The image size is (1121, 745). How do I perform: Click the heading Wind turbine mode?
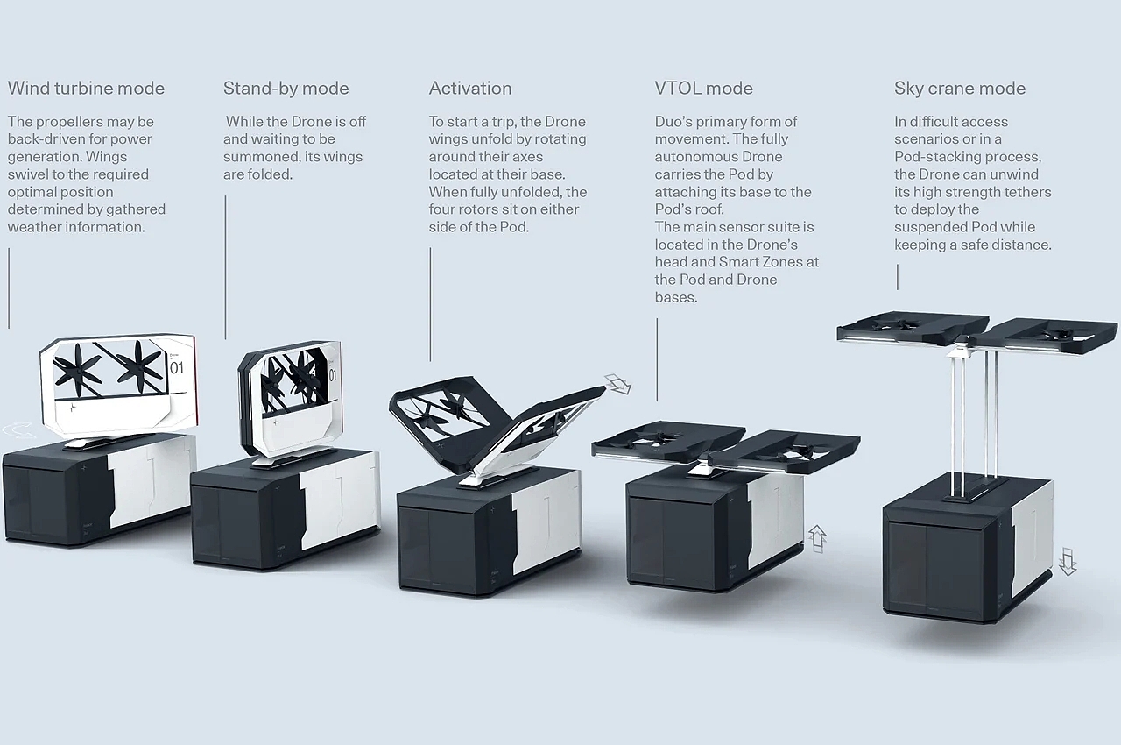click(86, 89)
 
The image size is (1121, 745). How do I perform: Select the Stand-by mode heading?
click(286, 89)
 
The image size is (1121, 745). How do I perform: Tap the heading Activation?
click(469, 89)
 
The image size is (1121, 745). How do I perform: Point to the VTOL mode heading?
click(703, 89)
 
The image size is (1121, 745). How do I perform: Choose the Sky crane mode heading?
click(959, 89)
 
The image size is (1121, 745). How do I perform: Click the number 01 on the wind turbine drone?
click(177, 367)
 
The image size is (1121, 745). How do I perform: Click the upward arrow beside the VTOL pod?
click(817, 537)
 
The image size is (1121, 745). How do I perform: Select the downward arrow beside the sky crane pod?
click(1067, 560)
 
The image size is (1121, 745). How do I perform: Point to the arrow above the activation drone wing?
click(618, 383)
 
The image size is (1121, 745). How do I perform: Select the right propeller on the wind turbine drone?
click(140, 365)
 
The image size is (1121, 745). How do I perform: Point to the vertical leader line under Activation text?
click(430, 303)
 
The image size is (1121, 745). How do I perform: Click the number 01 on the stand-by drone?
click(333, 374)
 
